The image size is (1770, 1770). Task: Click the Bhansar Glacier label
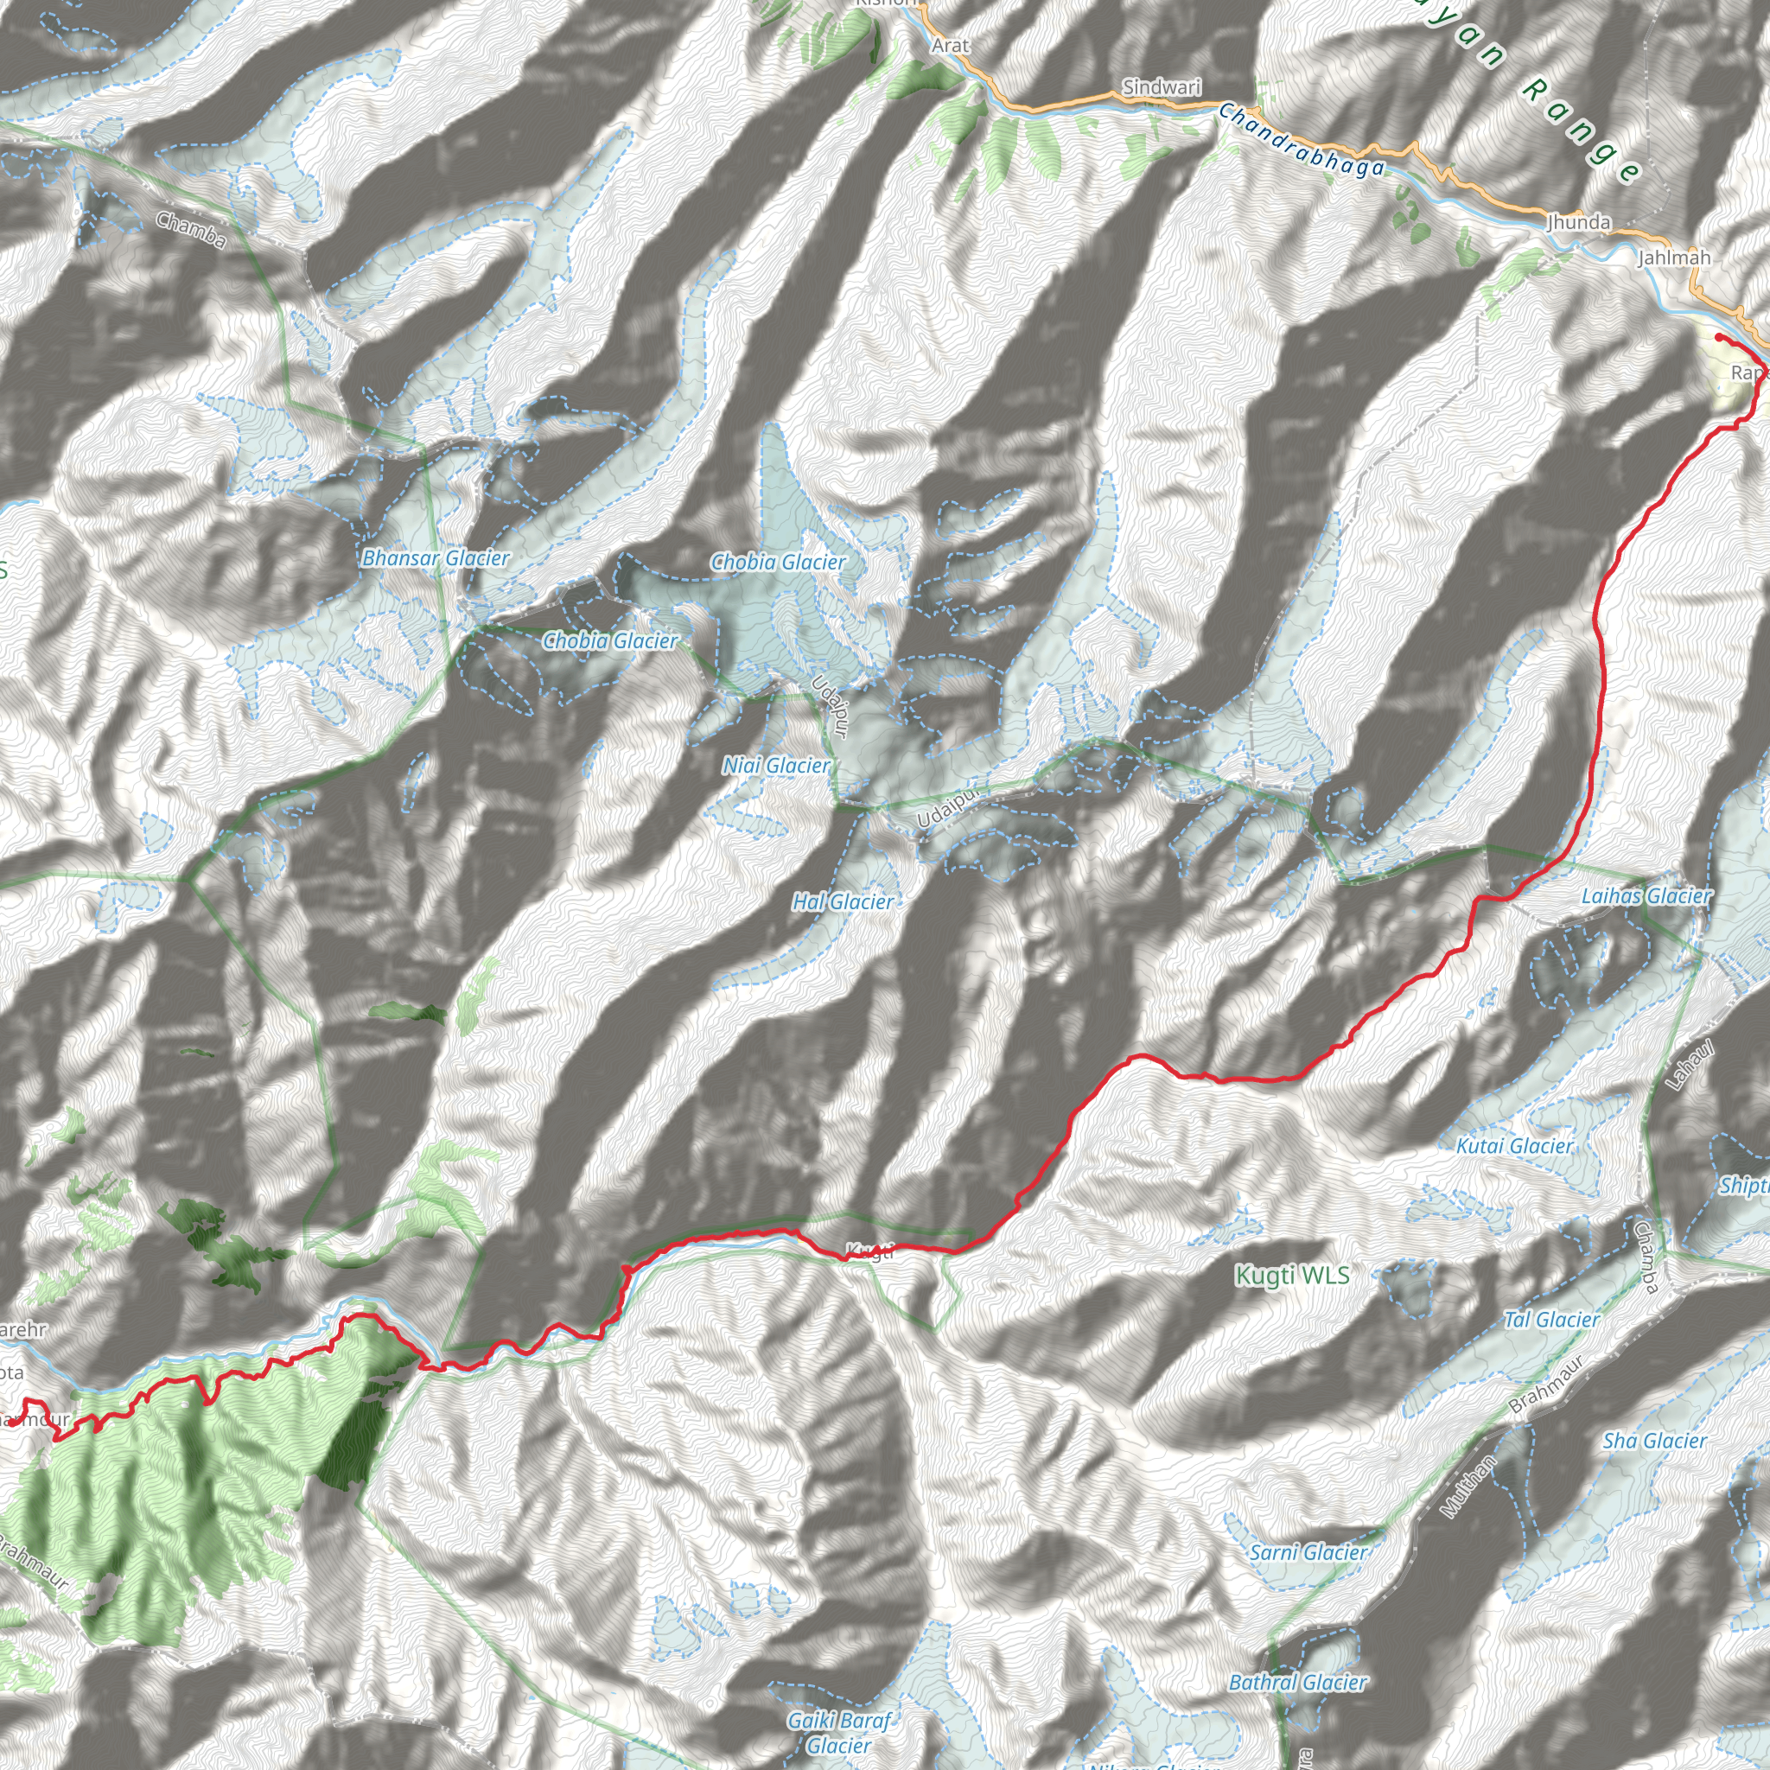[x=436, y=558]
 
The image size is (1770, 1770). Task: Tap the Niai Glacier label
[x=776, y=765]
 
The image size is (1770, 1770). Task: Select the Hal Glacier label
[x=842, y=901]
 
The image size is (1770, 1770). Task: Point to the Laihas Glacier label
[x=1646, y=896]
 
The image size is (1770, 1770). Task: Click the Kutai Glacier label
[x=1514, y=1145]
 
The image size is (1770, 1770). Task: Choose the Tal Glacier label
[x=1552, y=1319]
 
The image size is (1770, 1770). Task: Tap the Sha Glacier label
[x=1654, y=1441]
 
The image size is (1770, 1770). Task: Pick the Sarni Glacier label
[x=1308, y=1552]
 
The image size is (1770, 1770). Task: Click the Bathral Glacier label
[x=1297, y=1682]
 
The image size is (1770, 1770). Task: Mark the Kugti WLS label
[x=1292, y=1275]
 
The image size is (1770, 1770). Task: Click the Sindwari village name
[x=1162, y=87]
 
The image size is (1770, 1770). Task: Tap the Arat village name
[x=950, y=45]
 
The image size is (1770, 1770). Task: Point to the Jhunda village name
[x=1578, y=222]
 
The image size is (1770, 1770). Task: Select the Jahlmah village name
[x=1675, y=258]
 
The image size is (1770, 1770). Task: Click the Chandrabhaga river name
[x=1301, y=140]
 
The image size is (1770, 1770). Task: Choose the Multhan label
[x=1468, y=1487]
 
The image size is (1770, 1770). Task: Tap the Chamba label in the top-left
[x=190, y=229]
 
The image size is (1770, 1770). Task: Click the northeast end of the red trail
[x=1718, y=338]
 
